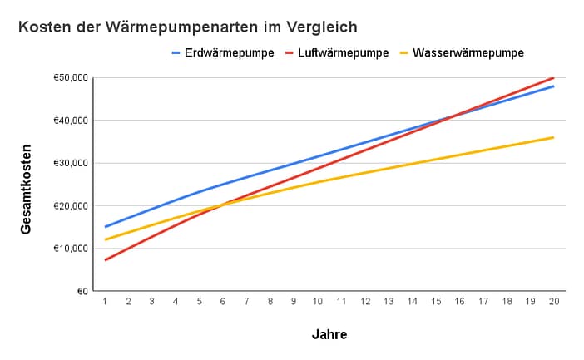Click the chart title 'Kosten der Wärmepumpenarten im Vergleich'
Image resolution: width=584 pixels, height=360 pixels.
click(188, 27)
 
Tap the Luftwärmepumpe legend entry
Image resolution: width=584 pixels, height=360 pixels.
click(337, 53)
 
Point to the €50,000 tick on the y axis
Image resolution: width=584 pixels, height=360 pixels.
click(71, 77)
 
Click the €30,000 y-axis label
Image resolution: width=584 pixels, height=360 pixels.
click(71, 163)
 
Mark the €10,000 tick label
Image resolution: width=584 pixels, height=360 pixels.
click(71, 249)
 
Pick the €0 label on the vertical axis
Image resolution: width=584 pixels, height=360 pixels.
click(82, 291)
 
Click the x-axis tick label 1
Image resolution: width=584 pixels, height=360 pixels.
click(105, 301)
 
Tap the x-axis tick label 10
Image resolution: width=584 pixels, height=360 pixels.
click(317, 301)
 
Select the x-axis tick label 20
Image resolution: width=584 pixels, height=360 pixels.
click(553, 301)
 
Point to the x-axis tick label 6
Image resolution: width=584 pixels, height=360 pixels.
click(223, 301)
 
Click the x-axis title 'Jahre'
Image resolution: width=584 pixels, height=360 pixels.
click(329, 335)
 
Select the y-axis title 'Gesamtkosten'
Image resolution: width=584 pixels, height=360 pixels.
click(27, 185)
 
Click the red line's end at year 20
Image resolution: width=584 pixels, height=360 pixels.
click(553, 77)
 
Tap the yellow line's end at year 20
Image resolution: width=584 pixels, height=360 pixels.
click(553, 137)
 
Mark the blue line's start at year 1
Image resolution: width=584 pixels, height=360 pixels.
click(105, 226)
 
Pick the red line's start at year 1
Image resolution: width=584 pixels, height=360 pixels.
click(105, 260)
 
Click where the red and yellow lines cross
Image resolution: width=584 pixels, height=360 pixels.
click(221, 205)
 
